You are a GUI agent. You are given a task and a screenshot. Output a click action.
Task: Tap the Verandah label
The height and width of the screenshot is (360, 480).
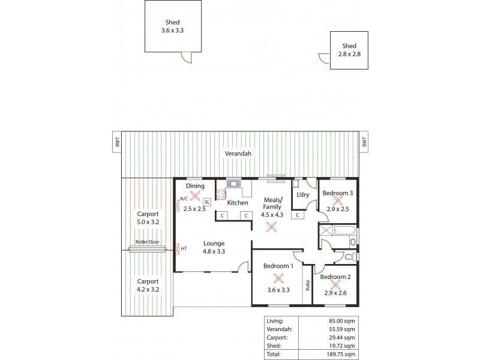[x=238, y=154]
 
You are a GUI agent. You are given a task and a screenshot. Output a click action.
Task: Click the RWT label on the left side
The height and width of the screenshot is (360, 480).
[x=118, y=142]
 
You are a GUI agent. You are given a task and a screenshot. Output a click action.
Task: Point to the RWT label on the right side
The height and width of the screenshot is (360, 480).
[x=364, y=142]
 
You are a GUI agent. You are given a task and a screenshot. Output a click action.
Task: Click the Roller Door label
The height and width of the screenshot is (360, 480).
[x=147, y=242]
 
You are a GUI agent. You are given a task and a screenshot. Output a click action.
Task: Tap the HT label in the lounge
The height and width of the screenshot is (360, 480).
[x=184, y=248]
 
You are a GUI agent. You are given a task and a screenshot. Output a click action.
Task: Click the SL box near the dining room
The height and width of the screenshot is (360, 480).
[x=207, y=202]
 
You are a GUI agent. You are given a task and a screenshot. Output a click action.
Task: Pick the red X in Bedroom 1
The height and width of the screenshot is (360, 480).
[x=278, y=278]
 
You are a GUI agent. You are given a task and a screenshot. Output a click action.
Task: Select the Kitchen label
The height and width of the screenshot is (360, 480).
[x=238, y=203]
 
